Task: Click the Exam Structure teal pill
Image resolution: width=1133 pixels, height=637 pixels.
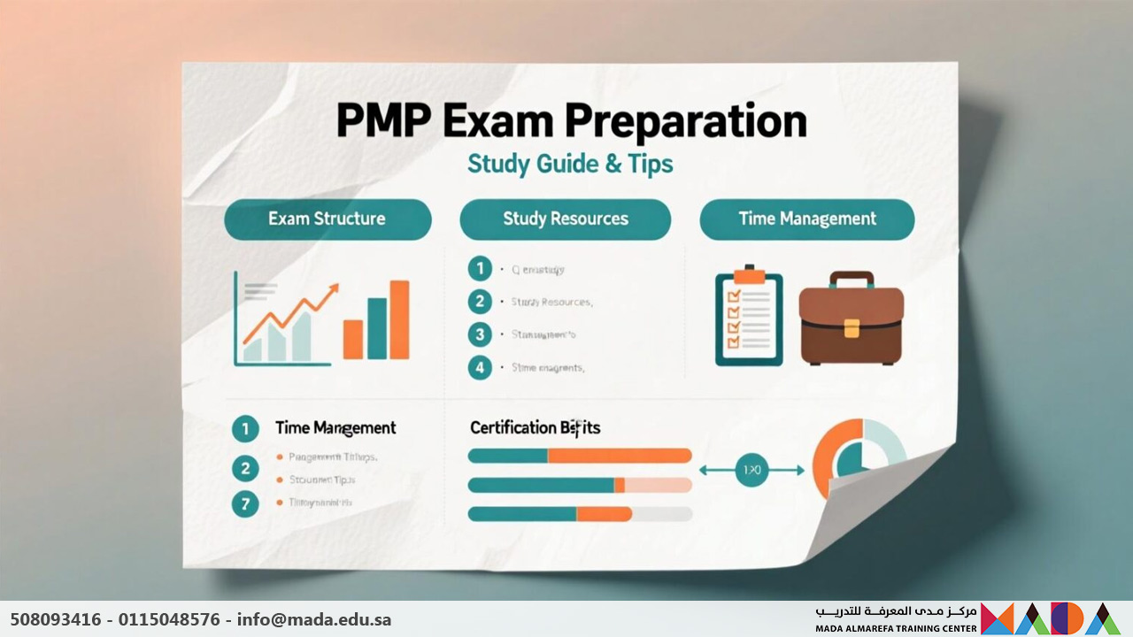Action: [328, 219]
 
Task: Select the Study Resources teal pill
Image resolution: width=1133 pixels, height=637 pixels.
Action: [565, 219]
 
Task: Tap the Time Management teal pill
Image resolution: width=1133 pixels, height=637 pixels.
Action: [806, 219]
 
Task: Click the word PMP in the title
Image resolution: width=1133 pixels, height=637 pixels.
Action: [381, 122]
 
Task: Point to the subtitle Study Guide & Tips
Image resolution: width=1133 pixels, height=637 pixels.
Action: [570, 164]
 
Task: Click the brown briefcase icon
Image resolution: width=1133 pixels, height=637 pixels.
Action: [852, 318]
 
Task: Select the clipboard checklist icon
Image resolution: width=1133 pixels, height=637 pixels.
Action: [749, 317]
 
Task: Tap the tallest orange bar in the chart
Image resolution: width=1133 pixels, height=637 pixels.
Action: [399, 319]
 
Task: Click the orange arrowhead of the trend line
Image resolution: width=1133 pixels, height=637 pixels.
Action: [334, 289]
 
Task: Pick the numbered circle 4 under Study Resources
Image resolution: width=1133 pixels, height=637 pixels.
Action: [480, 367]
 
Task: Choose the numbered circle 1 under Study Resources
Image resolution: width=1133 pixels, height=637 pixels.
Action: [480, 269]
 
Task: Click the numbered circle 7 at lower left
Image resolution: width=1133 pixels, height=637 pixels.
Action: [244, 504]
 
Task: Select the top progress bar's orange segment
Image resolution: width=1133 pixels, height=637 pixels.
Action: [619, 456]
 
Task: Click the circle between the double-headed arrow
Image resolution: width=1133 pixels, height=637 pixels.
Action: [751, 471]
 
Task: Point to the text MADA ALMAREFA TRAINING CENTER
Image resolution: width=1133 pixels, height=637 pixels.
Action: [896, 629]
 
